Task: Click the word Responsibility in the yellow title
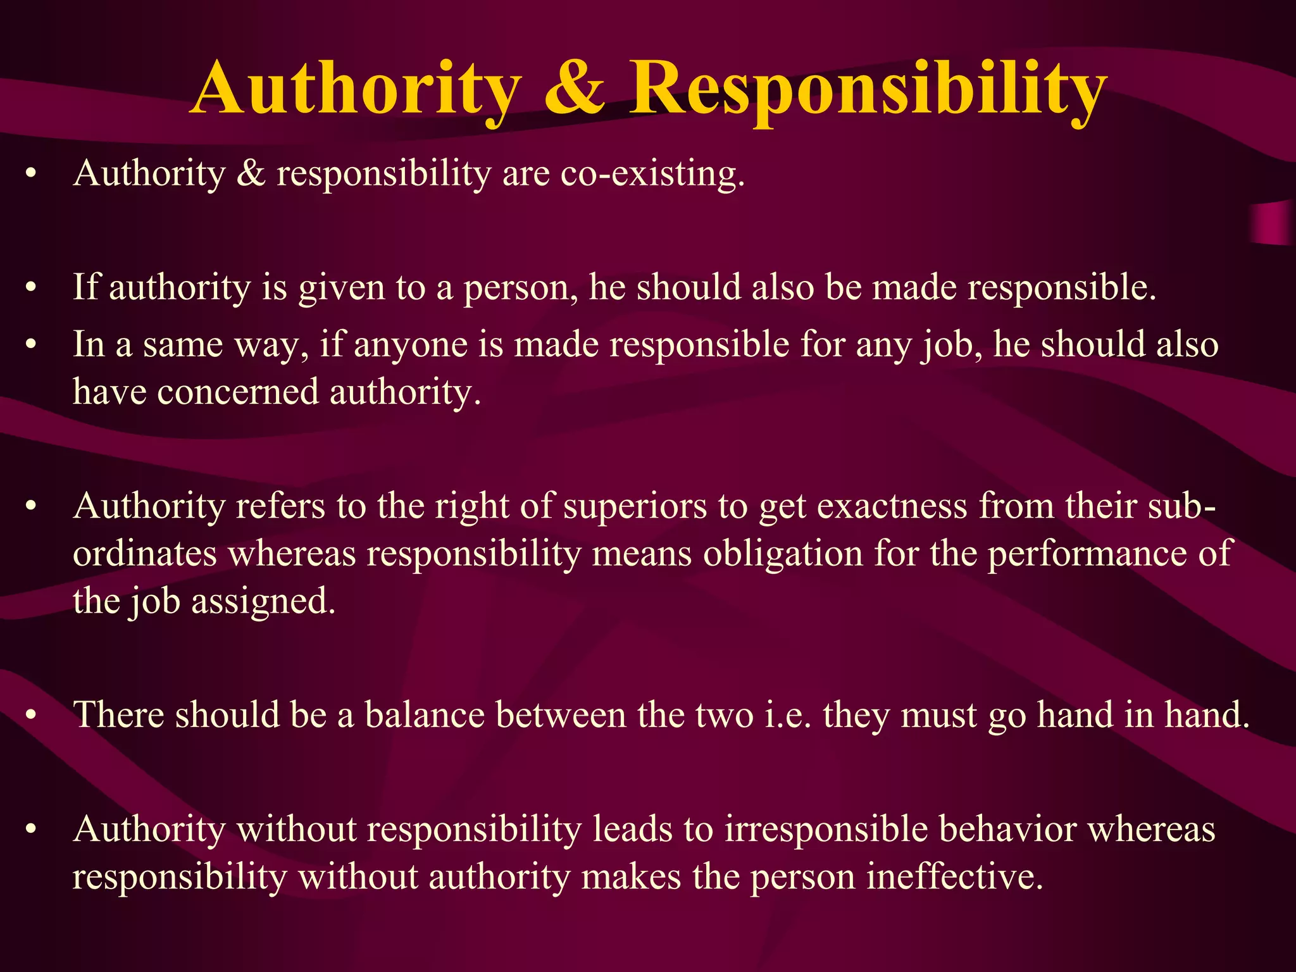point(868,89)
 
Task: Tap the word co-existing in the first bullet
point(652,173)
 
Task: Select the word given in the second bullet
point(342,288)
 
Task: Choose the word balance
point(425,715)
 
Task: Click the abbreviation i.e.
point(788,715)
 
